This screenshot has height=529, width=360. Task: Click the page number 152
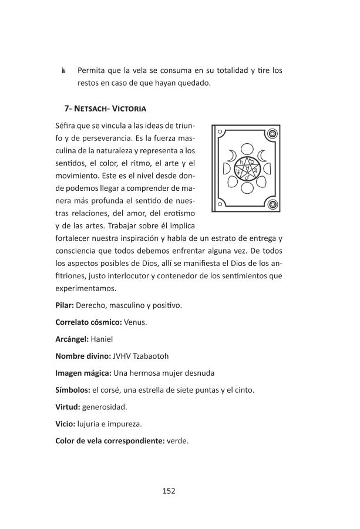click(169, 491)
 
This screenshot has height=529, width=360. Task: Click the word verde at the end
click(177, 440)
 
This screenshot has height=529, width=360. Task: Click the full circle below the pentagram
click(247, 189)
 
